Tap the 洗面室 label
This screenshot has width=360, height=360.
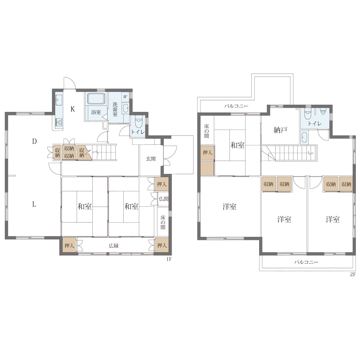(x=115, y=109)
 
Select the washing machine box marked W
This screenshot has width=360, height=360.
(x=125, y=97)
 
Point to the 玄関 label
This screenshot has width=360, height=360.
(x=151, y=159)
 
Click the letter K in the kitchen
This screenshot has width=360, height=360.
(x=73, y=109)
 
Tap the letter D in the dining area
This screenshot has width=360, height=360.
(x=34, y=141)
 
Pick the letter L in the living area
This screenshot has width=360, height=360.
(x=34, y=204)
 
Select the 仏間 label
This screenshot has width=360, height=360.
(x=164, y=199)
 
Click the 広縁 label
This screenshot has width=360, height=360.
(x=114, y=246)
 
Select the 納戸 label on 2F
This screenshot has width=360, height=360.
(x=280, y=130)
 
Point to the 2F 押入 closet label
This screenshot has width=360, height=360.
(x=208, y=153)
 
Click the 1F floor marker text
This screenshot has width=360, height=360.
(x=169, y=259)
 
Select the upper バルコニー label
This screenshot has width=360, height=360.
(x=236, y=106)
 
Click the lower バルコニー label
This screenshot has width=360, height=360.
(x=306, y=262)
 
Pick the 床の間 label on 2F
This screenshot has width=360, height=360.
(x=206, y=131)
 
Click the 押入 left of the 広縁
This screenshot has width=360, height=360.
(x=69, y=246)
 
